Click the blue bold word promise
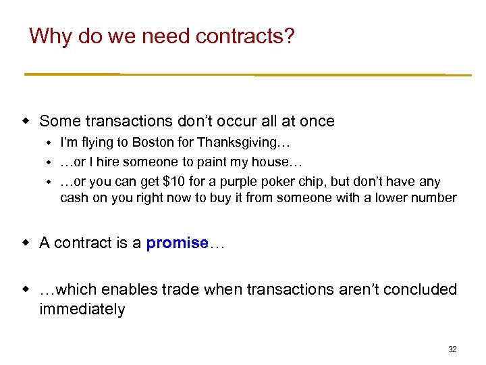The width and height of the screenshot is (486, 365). pyautogui.click(x=177, y=243)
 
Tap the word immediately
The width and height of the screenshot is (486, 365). pyautogui.click(x=82, y=309)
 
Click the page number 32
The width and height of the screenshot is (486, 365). pyautogui.click(x=452, y=349)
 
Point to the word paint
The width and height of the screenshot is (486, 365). pyautogui.click(x=221, y=162)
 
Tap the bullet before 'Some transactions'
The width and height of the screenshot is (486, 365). pyautogui.click(x=26, y=121)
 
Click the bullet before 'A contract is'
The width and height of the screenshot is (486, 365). pyautogui.click(x=26, y=243)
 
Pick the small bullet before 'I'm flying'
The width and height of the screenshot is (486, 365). pyautogui.click(x=49, y=143)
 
